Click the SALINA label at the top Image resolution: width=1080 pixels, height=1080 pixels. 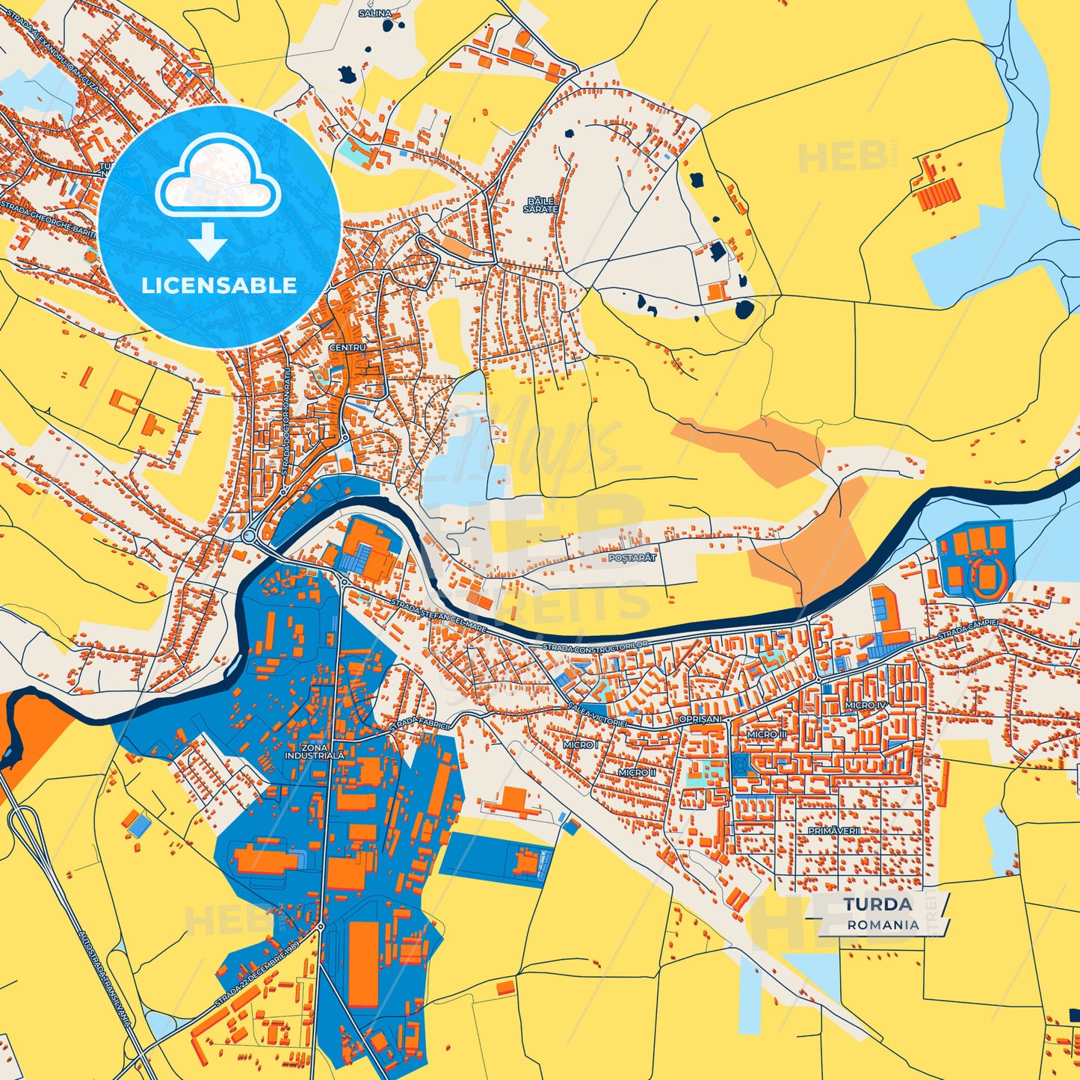[375, 13]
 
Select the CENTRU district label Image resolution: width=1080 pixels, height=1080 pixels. [348, 348]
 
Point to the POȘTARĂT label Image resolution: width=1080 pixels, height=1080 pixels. [632, 558]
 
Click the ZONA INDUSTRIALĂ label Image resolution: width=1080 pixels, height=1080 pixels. [315, 751]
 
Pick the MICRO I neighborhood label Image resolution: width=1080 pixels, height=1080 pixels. [581, 744]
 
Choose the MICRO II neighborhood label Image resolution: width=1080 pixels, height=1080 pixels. [637, 772]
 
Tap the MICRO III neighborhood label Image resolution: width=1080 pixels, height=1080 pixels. [767, 735]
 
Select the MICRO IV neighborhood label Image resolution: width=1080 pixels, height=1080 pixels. [865, 705]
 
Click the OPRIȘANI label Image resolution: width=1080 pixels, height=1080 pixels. [701, 719]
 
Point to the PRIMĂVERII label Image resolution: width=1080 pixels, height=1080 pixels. [834, 830]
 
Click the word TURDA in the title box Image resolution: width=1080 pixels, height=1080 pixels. [877, 904]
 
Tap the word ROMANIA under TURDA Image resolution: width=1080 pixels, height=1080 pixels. [883, 925]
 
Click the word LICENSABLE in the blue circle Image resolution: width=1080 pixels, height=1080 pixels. [219, 285]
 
